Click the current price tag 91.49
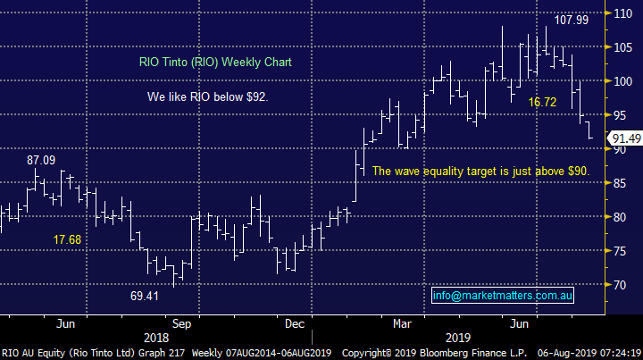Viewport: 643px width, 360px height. [624, 138]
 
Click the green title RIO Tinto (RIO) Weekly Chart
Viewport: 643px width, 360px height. [215, 63]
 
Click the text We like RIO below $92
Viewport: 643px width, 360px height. [206, 96]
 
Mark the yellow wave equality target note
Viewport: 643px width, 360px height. [480, 171]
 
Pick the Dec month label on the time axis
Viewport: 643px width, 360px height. [295, 323]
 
